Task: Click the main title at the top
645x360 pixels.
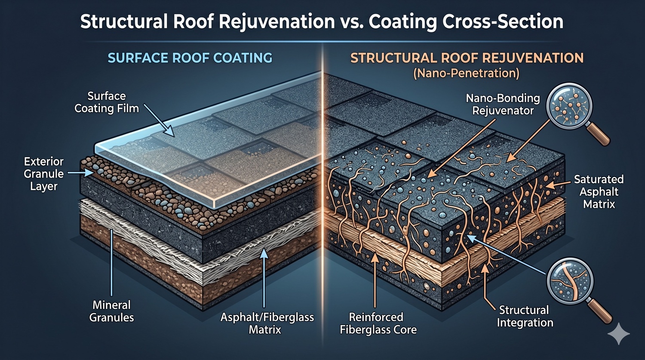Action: [x=322, y=22]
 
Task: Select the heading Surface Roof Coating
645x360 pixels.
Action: [x=190, y=58]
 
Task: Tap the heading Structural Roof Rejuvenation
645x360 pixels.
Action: [x=467, y=58]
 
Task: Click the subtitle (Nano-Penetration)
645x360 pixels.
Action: [x=466, y=73]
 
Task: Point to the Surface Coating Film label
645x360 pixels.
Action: [x=107, y=102]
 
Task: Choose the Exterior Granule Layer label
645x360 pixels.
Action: [x=44, y=174]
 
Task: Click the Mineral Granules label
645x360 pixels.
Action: [x=112, y=311]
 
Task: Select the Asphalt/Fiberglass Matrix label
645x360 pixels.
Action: [x=267, y=323]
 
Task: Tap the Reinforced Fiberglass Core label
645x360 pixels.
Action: [x=378, y=323]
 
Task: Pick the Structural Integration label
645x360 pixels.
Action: [x=525, y=316]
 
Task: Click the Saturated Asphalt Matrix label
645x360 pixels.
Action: [x=599, y=191]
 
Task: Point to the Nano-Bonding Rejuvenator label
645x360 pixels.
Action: [x=503, y=104]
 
